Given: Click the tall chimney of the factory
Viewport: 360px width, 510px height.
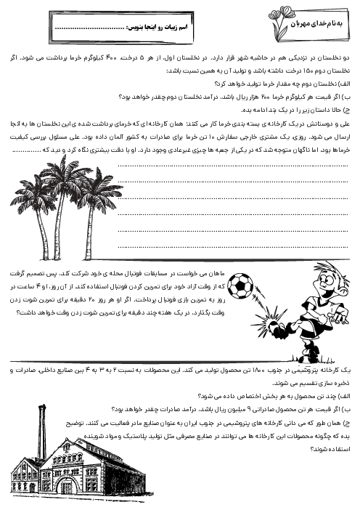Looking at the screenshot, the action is click(x=41, y=436).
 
